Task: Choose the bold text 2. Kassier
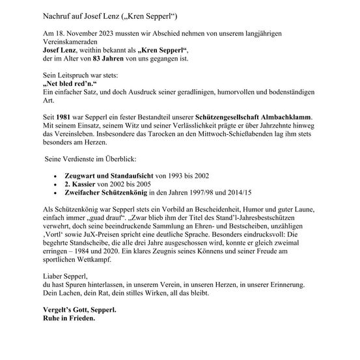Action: pyautogui.click(x=83, y=185)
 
